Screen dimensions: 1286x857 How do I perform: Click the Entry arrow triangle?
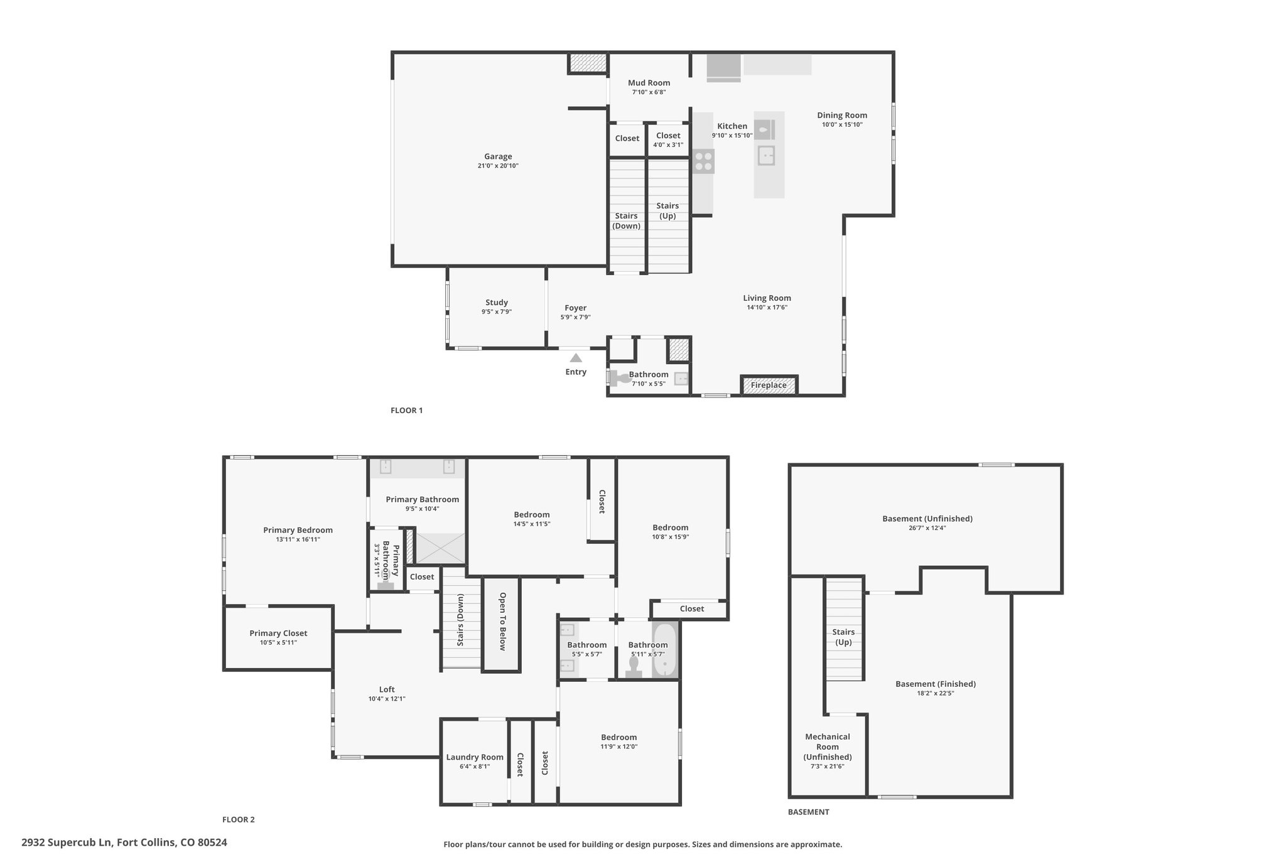pyautogui.click(x=576, y=358)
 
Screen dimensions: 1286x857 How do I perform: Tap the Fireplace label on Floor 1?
pyautogui.click(x=769, y=385)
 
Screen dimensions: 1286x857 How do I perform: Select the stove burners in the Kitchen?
pyautogui.click(x=703, y=161)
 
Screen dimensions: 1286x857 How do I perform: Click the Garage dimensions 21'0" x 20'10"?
pyautogui.click(x=498, y=166)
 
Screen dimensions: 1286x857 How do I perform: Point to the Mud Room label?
pyautogui.click(x=649, y=83)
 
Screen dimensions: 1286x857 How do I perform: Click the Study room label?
pyautogui.click(x=497, y=303)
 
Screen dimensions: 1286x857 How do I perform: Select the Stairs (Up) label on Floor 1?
pyautogui.click(x=667, y=210)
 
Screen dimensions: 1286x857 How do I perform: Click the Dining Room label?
pyautogui.click(x=842, y=116)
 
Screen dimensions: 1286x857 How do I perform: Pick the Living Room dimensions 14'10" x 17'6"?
pyautogui.click(x=767, y=308)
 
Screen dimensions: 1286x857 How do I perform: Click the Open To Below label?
pyautogui.click(x=502, y=622)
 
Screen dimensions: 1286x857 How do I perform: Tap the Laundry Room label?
pyautogui.click(x=475, y=757)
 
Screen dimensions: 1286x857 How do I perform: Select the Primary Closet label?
pyautogui.click(x=278, y=633)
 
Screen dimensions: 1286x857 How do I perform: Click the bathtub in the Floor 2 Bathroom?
pyautogui.click(x=664, y=649)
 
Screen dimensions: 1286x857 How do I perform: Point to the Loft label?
pyautogui.click(x=387, y=689)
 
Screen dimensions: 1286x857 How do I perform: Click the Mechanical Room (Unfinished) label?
pyautogui.click(x=828, y=747)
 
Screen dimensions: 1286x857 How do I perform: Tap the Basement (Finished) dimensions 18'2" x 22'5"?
pyautogui.click(x=936, y=694)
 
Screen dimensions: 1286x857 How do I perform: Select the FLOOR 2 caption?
pyautogui.click(x=239, y=819)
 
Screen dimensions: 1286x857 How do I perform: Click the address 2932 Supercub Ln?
pyautogui.click(x=67, y=843)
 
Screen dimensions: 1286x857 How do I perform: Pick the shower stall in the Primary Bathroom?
pyautogui.click(x=441, y=548)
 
